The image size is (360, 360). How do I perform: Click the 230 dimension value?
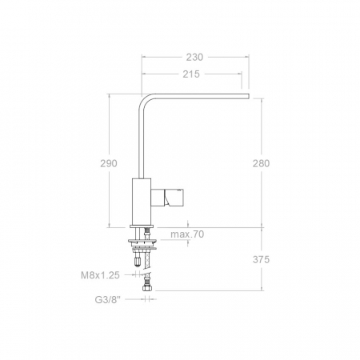[x=194, y=57]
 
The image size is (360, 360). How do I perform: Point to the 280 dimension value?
[x=261, y=162]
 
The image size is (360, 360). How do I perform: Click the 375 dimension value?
[x=261, y=259]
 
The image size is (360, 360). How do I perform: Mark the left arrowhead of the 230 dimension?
[x=144, y=57]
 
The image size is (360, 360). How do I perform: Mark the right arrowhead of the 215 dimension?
[x=238, y=74]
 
